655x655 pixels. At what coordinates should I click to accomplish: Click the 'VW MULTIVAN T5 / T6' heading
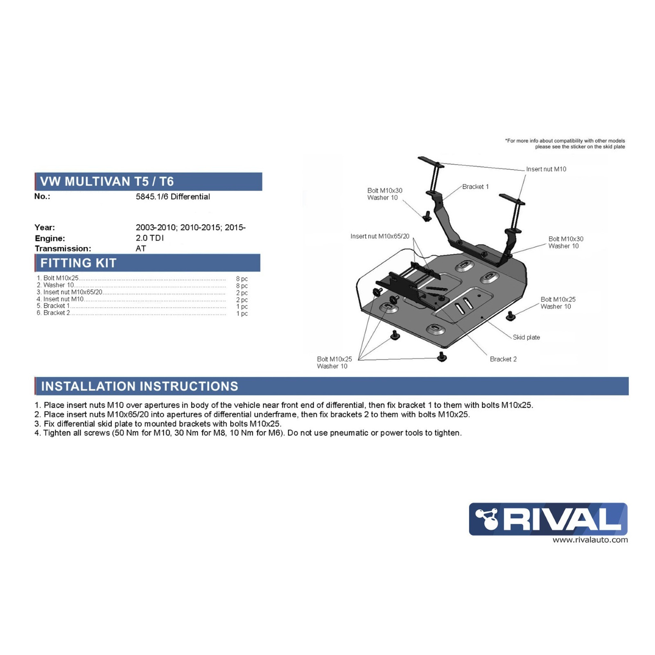[x=106, y=181]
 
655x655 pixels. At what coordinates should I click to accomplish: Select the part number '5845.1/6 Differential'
[x=172, y=196]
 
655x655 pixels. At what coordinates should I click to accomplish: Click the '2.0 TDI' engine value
[x=149, y=238]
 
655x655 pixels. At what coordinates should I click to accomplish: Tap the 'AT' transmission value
[x=140, y=248]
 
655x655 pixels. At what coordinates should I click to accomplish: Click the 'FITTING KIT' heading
[x=78, y=263]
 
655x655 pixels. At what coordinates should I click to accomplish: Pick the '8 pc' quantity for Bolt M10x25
[x=242, y=279]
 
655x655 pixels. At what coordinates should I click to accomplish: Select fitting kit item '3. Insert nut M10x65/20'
[x=69, y=292]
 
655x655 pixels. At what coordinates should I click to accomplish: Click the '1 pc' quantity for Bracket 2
[x=242, y=314]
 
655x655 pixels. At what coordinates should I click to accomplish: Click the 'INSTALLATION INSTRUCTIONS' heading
[x=139, y=386]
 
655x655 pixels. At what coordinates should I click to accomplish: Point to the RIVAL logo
[x=548, y=519]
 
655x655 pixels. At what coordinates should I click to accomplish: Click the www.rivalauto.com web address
[x=590, y=540]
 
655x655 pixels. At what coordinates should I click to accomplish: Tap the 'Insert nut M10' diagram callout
[x=546, y=169]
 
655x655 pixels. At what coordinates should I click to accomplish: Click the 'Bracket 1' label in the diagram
[x=475, y=187]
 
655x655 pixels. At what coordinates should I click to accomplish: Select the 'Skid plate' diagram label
[x=526, y=337]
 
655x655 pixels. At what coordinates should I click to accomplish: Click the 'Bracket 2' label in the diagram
[x=503, y=359]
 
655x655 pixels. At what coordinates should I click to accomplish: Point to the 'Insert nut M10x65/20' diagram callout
[x=379, y=236]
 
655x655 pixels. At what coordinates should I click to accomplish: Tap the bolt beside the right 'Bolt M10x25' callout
[x=510, y=316]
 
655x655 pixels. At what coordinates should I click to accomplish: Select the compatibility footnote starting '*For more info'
[x=565, y=144]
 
